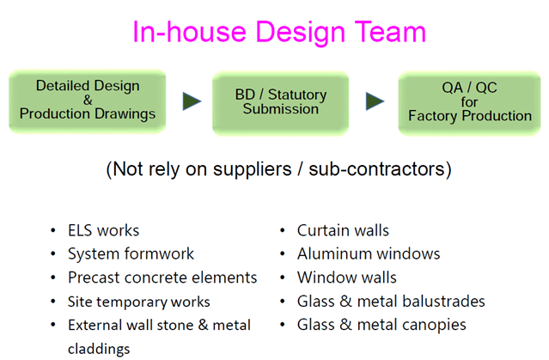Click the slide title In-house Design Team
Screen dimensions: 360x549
279,32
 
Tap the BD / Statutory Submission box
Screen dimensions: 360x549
281,101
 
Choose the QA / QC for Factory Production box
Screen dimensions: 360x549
469,102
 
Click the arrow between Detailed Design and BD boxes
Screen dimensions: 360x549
192,101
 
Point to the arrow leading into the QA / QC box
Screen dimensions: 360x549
375,101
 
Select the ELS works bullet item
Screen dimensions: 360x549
103,230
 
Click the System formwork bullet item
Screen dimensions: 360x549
131,253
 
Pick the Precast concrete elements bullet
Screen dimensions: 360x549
162,278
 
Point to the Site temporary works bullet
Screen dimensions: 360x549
139,302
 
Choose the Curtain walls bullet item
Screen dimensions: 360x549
343,230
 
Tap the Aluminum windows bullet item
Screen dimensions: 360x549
369,253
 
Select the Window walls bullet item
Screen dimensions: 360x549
347,278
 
